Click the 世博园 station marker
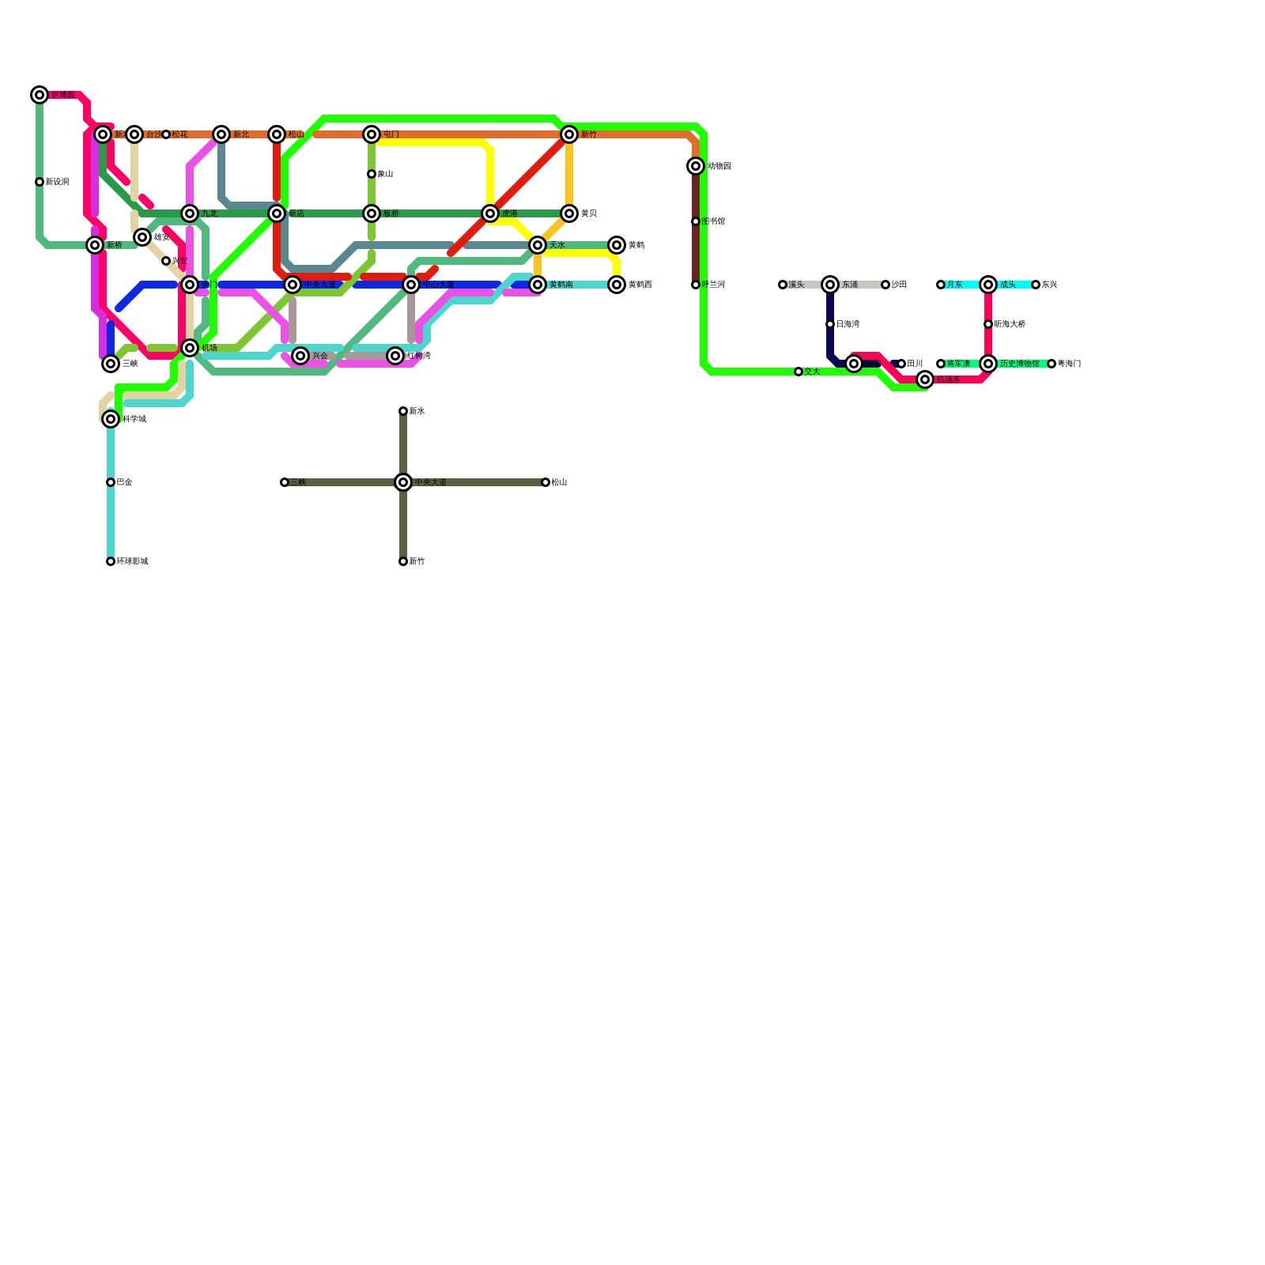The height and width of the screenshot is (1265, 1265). coord(40,95)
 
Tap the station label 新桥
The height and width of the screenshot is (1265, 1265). coord(115,245)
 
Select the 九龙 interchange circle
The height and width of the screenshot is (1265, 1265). coord(190,213)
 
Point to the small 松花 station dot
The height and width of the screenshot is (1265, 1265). coord(166,134)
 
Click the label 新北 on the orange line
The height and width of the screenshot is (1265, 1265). coord(241,134)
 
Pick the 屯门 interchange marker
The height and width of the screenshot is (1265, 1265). coord(372,134)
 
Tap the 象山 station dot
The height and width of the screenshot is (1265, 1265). coord(372,174)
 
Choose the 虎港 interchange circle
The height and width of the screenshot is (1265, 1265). coord(490,213)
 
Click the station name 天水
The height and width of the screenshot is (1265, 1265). coord(557,245)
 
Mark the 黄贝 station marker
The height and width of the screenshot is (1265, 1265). coord(569,213)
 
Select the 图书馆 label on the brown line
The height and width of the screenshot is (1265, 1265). coord(713,221)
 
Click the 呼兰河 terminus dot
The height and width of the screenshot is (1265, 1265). coord(696,285)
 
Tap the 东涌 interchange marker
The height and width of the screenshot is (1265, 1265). coord(830,285)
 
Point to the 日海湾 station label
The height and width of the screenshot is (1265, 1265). coord(848,324)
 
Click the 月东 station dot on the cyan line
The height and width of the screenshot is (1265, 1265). coord(941,285)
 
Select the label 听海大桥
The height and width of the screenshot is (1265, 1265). coord(1010,324)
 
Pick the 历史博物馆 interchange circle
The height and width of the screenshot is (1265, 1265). coord(988,364)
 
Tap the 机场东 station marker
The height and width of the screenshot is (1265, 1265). coord(925,379)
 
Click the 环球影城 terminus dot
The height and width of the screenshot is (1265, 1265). coord(111,561)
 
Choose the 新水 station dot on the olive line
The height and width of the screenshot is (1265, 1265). coord(403,411)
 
